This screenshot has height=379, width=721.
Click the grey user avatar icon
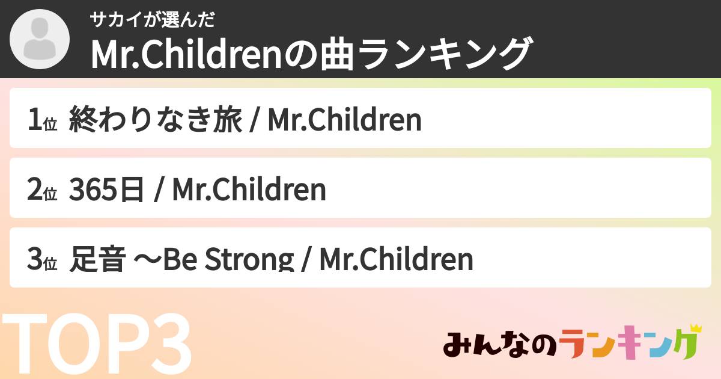(x=40, y=40)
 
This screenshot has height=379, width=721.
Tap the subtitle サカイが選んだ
(x=152, y=20)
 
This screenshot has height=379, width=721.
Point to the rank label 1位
(x=42, y=120)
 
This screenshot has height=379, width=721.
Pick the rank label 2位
(x=42, y=190)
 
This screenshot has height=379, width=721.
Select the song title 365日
(x=107, y=190)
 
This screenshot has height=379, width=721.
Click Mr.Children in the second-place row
(x=249, y=190)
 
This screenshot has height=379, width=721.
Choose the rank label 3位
(x=42, y=260)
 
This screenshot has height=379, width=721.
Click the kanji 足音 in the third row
(x=99, y=260)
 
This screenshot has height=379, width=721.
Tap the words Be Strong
(x=219, y=260)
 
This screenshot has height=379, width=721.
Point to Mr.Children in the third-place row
(x=396, y=260)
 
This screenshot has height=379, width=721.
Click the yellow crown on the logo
(x=696, y=330)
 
